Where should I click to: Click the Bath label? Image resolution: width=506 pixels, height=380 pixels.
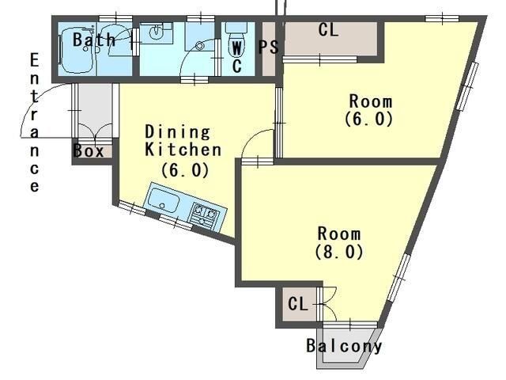point(94,40)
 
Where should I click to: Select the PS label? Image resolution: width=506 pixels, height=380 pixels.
point(269,47)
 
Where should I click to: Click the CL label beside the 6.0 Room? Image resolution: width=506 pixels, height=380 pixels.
point(328,30)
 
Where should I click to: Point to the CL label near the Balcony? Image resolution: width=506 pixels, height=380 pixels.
point(298,304)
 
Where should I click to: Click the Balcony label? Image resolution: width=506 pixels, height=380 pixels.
point(344,346)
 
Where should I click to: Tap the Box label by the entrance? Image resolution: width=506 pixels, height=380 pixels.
point(89,151)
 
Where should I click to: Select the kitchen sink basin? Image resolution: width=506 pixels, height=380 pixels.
point(164,200)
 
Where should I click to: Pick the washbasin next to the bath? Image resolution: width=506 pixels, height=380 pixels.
point(157,32)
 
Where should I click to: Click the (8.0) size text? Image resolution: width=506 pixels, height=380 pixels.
point(339,252)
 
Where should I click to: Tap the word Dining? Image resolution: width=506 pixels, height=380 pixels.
point(177,132)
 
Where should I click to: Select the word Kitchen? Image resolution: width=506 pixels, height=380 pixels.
point(183,150)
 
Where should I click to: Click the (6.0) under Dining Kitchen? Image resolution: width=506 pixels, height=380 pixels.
point(185,170)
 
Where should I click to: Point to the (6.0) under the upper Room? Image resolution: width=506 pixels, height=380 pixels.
point(369,119)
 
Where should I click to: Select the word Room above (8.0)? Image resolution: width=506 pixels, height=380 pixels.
point(339,234)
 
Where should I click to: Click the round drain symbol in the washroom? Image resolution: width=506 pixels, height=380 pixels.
point(200,46)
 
